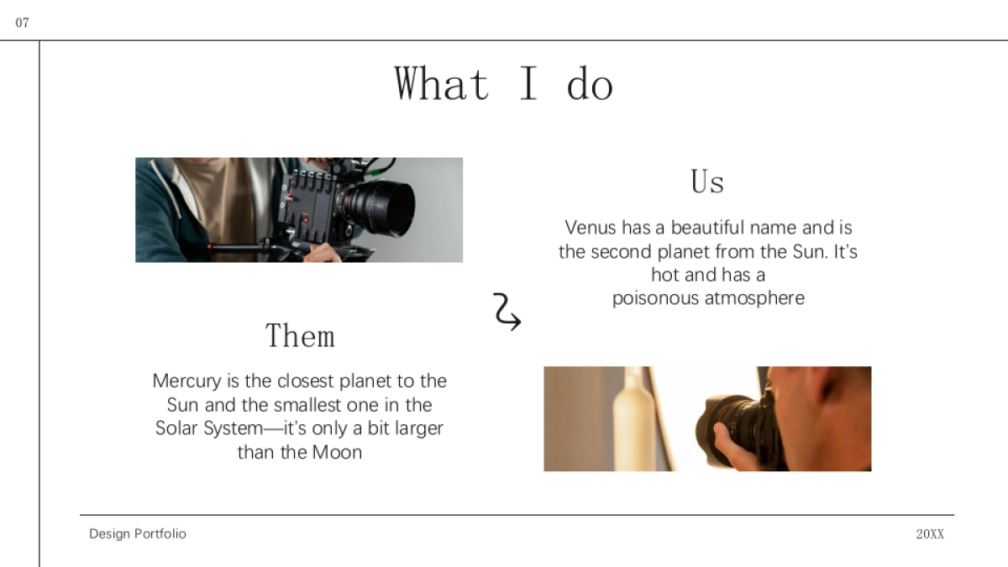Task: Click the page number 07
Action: [x=22, y=23]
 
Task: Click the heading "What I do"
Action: [x=504, y=84]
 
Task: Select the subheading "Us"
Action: [x=707, y=181]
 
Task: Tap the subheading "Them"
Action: [x=300, y=336]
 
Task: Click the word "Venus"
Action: [x=591, y=228]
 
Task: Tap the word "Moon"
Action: [x=337, y=452]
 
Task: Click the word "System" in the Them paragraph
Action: [x=233, y=428]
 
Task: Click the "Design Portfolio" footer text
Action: [x=138, y=533]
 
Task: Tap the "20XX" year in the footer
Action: [x=930, y=534]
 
